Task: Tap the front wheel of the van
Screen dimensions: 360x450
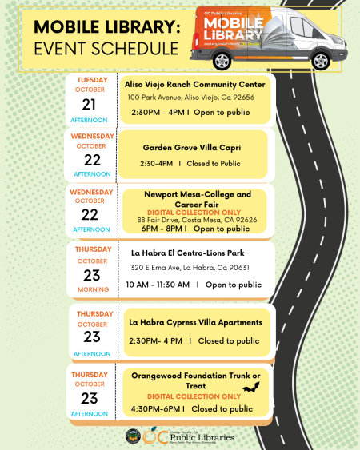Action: pos(319,59)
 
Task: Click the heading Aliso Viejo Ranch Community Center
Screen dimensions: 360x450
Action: pos(194,84)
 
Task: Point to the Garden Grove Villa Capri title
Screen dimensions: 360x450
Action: pos(192,148)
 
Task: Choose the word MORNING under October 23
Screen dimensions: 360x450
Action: pos(93,289)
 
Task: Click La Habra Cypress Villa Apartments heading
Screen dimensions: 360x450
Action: pos(195,322)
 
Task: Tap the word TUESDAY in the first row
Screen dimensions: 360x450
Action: pos(92,80)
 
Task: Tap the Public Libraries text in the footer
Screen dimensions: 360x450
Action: pos(202,437)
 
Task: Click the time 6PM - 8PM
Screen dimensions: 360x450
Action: pos(163,229)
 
